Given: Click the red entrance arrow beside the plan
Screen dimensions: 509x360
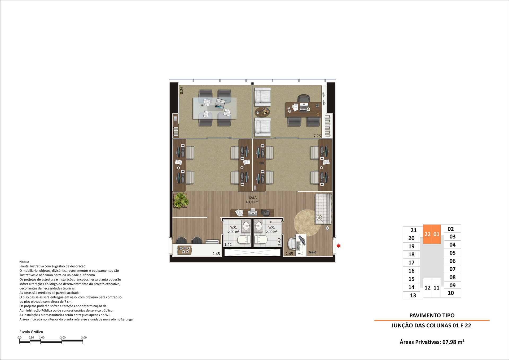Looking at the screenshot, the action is point(339,246).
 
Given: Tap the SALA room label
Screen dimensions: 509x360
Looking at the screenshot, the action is point(253,198).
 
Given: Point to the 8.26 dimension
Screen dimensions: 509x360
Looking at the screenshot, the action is point(182,90).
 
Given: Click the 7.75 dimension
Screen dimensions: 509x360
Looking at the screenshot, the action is point(317,136).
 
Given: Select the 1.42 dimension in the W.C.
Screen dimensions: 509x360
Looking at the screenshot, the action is point(228,245).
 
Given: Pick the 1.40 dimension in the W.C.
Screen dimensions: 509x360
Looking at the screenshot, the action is point(279,242).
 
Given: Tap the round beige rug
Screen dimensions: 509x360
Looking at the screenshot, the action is point(307,223).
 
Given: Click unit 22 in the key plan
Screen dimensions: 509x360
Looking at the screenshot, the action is point(427,234).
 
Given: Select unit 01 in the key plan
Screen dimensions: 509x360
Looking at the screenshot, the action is point(436,234).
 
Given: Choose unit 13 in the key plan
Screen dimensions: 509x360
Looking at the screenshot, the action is point(413,295).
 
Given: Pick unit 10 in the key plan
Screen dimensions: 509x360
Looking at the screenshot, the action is point(451,293).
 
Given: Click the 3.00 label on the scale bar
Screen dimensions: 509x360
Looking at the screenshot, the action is point(84,337).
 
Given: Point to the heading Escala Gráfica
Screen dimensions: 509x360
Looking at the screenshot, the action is point(31,332).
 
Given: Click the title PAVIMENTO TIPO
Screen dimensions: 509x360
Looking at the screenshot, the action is point(432,315).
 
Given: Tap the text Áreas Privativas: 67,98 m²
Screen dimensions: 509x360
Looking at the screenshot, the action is point(432,342).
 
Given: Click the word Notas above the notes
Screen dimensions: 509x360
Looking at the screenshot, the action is point(24,262).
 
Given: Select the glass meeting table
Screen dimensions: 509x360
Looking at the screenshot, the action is point(215,108).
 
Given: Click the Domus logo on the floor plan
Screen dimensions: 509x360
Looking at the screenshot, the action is point(312,252).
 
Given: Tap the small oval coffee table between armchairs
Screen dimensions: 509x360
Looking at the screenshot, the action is point(262,112).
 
